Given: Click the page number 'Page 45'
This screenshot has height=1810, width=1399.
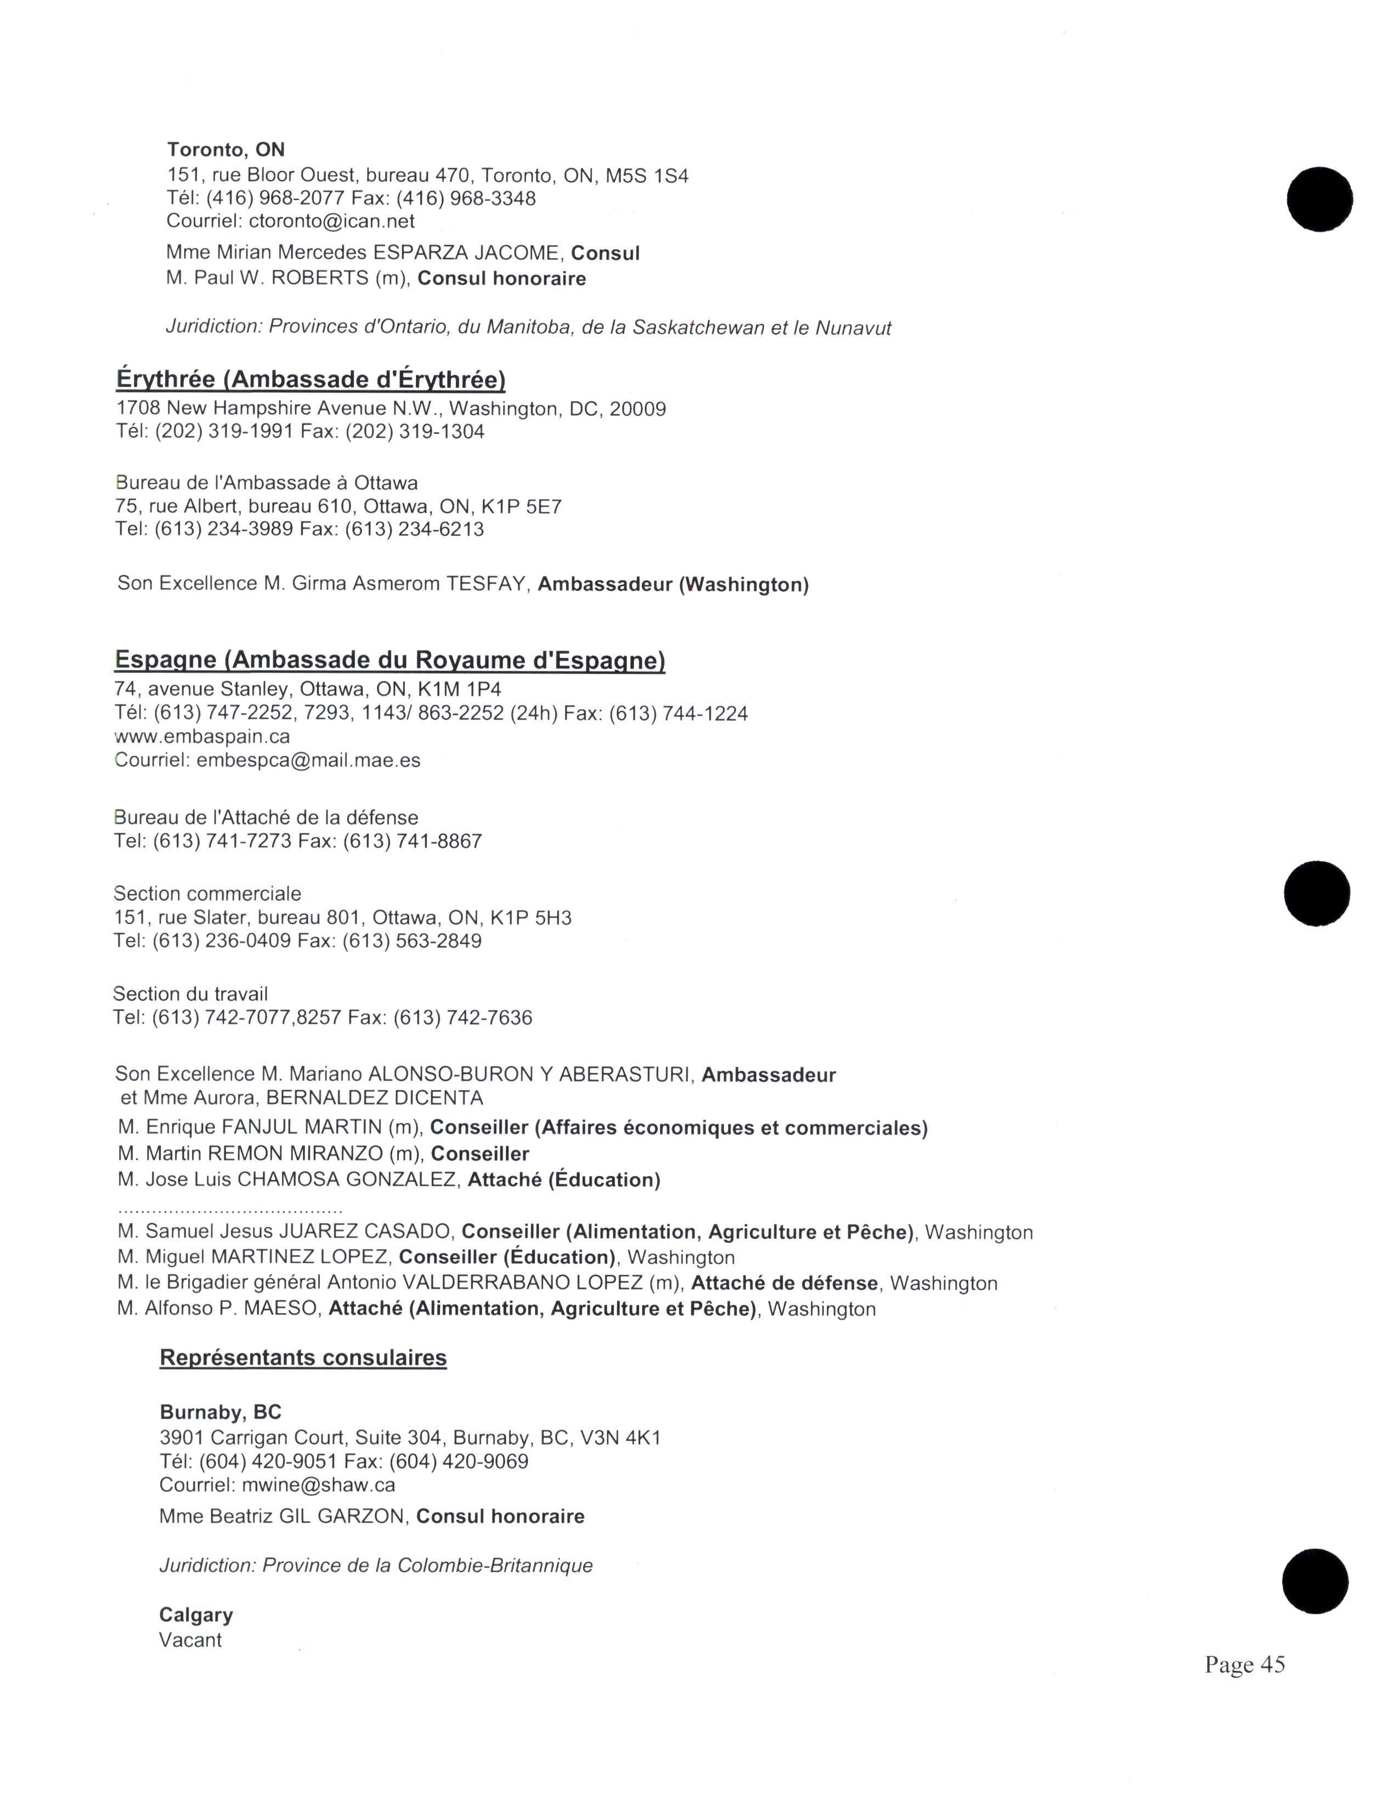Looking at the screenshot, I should [1244, 1665].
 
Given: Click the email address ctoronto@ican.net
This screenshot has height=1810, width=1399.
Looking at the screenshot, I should [331, 221].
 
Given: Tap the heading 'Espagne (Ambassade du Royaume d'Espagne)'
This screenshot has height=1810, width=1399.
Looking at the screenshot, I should [390, 660].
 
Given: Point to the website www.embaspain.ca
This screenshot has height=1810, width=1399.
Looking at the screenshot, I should [202, 736].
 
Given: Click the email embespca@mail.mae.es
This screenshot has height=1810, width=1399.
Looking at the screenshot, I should [308, 760].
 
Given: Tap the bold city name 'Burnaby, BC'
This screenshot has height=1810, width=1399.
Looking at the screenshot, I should [221, 1412].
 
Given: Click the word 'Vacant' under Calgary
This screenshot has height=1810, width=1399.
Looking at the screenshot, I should [190, 1640].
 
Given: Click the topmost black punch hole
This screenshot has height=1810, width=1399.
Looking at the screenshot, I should [1319, 200].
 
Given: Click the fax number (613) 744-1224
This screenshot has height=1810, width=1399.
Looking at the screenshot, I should [679, 714].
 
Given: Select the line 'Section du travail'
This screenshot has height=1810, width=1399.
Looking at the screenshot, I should [190, 994].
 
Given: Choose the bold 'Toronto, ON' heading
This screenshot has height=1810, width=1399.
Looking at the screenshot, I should [226, 149].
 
